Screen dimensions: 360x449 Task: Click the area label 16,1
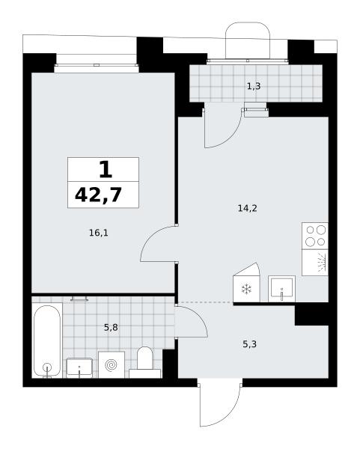[x=99, y=233]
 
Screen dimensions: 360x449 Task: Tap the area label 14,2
[x=248, y=209]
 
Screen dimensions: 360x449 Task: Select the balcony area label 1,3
[x=254, y=86]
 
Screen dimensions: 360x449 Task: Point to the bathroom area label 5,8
[x=111, y=327]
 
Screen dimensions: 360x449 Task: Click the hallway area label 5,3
[x=249, y=344]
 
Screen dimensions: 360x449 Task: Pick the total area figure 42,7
[x=99, y=195]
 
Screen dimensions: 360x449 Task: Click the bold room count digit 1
[x=106, y=169]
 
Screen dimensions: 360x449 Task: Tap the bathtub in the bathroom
[x=47, y=341]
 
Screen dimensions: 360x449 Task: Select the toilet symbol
[x=144, y=362]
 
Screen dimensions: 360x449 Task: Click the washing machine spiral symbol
[x=111, y=365]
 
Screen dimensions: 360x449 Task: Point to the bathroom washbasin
[x=79, y=367]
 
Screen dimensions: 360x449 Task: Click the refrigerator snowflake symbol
[x=246, y=289]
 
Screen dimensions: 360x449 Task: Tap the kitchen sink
[x=282, y=289]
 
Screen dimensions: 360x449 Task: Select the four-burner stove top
[x=315, y=236]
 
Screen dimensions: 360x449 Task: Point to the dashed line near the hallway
[x=205, y=302]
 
